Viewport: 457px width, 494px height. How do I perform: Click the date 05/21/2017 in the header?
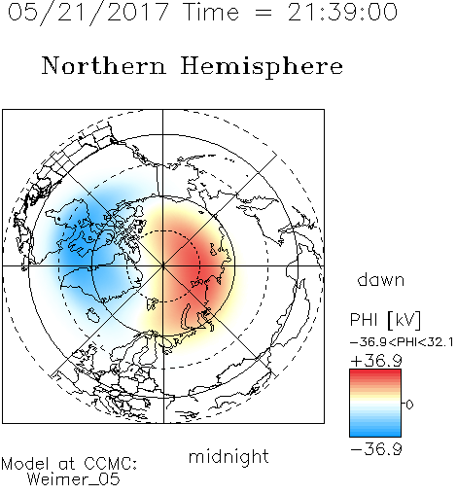[88, 13]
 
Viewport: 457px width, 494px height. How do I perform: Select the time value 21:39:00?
[342, 12]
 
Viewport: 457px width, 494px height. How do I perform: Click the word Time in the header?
[211, 12]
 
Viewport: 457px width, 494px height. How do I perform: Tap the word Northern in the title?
[104, 65]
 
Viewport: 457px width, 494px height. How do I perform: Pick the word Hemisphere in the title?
[262, 67]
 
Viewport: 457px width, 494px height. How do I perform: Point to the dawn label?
[381, 279]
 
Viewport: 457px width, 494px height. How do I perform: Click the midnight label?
[228, 456]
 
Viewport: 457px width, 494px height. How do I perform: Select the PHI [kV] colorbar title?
[385, 320]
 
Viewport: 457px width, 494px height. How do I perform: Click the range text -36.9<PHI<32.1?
[402, 342]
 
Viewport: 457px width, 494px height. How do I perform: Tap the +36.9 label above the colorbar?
[376, 361]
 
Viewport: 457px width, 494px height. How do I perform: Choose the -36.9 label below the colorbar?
[376, 449]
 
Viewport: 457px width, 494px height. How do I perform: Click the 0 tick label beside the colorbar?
[409, 405]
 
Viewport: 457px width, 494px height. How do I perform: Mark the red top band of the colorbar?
[375, 373]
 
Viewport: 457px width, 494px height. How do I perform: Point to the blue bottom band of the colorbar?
[375, 432]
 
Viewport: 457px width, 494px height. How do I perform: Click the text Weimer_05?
[74, 479]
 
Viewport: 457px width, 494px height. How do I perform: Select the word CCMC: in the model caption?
[110, 464]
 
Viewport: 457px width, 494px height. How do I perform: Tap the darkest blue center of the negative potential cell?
[78, 250]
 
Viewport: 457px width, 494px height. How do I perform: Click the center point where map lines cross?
[163, 266]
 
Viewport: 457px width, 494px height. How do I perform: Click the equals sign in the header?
[264, 14]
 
